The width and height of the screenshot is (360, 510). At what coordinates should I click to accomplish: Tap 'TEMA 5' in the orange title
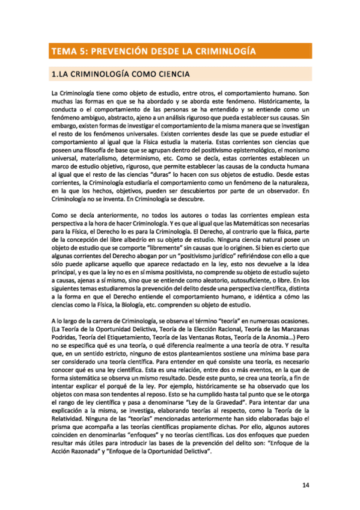pyautogui.click(x=68, y=51)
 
